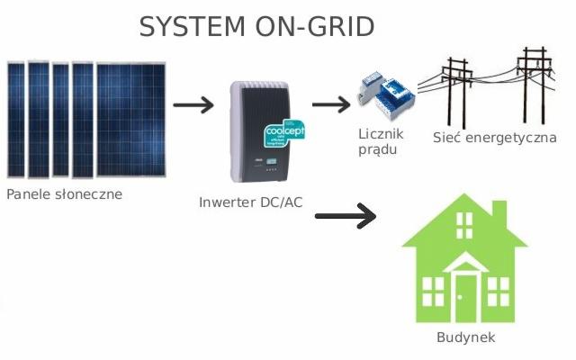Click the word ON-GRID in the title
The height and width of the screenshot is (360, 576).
coord(316,26)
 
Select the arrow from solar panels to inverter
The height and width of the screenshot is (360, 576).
coord(193,105)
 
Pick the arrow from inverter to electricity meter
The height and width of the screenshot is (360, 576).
coord(330,104)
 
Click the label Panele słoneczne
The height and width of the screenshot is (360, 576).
coord(63,193)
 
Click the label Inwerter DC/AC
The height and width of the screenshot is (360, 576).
coord(251,202)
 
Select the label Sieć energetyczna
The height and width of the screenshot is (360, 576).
coord(494,138)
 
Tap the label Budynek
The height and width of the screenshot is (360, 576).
coord(465,337)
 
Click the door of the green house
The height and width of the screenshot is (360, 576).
coord(465,297)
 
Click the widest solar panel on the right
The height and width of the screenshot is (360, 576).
coord(130,120)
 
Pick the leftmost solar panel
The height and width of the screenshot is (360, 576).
coord(16,120)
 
